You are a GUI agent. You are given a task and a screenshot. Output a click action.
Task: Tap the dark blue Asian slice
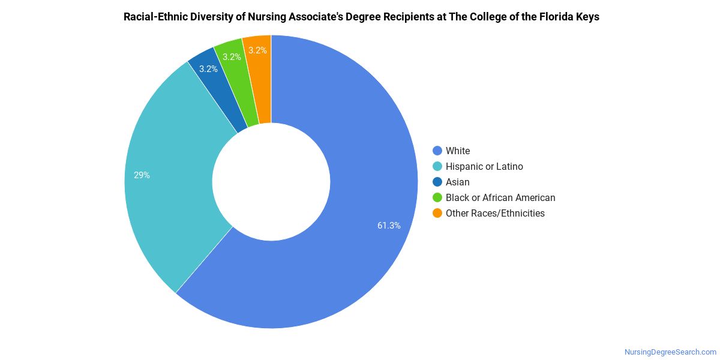pos(222,87)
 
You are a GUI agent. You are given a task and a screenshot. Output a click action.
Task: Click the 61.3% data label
pos(389,226)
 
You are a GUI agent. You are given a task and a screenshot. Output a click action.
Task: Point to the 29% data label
pos(142,175)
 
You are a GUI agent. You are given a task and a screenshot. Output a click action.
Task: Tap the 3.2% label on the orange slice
pos(257,50)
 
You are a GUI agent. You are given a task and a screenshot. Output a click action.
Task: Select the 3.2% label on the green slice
pos(232,57)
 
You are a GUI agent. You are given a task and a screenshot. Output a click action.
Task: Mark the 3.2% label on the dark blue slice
pos(208,69)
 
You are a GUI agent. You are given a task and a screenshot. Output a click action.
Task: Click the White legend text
pos(458,151)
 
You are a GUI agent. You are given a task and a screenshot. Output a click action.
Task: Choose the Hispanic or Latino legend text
pos(484,167)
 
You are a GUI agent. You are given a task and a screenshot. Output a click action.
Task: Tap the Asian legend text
pos(458,182)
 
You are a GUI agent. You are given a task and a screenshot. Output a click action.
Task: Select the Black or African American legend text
pos(500,197)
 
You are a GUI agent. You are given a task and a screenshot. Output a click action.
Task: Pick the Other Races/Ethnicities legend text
pos(495,214)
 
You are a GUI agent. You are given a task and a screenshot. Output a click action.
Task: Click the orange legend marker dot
pos(437,213)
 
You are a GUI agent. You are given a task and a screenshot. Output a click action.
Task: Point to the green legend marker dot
pos(437,197)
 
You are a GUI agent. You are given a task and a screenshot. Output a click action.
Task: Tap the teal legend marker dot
pos(437,166)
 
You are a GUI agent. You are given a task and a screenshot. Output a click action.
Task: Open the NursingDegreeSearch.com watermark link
pos(670,352)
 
